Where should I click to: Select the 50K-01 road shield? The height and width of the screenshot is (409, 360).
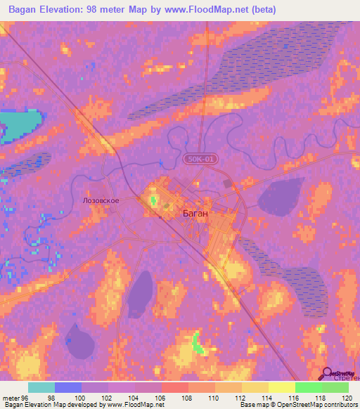202,160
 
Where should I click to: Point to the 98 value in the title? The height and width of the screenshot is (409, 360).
94,10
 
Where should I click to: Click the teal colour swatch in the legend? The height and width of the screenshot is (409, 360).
41,387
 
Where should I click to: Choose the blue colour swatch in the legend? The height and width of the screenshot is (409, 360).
67,387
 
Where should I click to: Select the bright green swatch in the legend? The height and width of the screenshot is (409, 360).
308,387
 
